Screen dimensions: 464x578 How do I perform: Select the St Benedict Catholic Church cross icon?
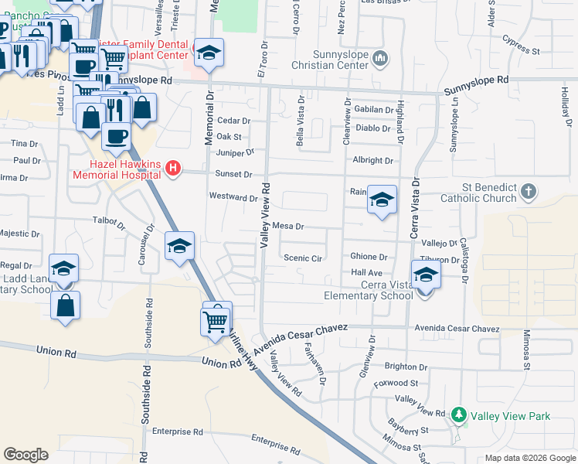coord(528,191)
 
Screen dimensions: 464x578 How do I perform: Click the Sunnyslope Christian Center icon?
coord(380,58)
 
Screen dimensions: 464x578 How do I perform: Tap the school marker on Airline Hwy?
coord(179,247)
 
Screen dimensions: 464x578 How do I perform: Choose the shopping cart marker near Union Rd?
coord(216,320)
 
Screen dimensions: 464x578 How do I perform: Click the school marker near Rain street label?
coord(381,201)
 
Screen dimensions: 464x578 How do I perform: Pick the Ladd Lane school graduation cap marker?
coord(63,270)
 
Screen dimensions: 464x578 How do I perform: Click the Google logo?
coord(25,455)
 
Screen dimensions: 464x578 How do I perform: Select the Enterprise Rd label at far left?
coord(177,432)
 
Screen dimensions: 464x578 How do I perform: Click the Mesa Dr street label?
coord(288,227)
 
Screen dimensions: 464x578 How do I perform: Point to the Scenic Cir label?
coord(302,258)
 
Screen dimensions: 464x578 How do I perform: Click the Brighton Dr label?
coord(406,367)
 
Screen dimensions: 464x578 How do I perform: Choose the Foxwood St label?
coord(395,382)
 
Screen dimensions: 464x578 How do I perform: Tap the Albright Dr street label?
coord(372,160)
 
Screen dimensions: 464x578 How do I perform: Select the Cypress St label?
coord(520,45)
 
